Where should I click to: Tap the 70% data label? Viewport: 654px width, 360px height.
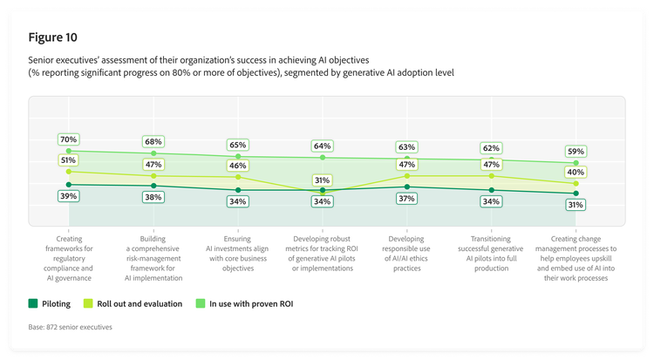69,139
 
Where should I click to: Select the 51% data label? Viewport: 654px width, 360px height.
69,160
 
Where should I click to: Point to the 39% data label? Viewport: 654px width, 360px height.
69,196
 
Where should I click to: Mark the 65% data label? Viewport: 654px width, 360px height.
237,145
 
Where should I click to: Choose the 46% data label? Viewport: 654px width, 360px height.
237,164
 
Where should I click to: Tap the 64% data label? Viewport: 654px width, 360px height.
323,146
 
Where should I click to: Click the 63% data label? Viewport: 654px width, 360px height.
406,146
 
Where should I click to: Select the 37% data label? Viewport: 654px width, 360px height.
406,199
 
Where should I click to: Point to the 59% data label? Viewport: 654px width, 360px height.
576,151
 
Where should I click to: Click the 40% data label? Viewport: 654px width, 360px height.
576,172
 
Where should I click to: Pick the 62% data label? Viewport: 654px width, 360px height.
492,148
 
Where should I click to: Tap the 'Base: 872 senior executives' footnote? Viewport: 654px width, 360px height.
71,327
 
